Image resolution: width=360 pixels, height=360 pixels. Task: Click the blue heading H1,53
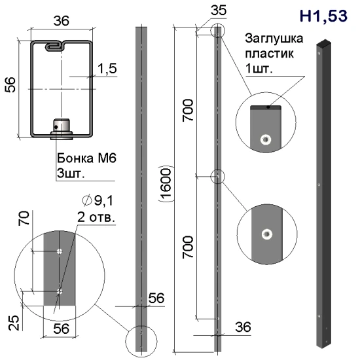pos(323,16)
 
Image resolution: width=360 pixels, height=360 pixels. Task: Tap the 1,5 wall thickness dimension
pos(107,69)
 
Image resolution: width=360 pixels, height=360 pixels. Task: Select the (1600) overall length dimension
pos(166,184)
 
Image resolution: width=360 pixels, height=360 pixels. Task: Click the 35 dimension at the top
pos(218,10)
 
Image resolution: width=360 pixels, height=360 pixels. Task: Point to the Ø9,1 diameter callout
pos(98,200)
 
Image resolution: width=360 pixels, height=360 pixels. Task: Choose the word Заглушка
pos(274,39)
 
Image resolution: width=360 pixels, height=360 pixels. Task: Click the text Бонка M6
pos(86,158)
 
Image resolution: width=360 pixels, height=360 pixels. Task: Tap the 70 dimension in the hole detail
pos(24,218)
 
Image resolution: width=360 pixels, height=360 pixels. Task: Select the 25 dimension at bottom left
pos(14,323)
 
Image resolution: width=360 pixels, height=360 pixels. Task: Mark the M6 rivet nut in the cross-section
pos(62,129)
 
